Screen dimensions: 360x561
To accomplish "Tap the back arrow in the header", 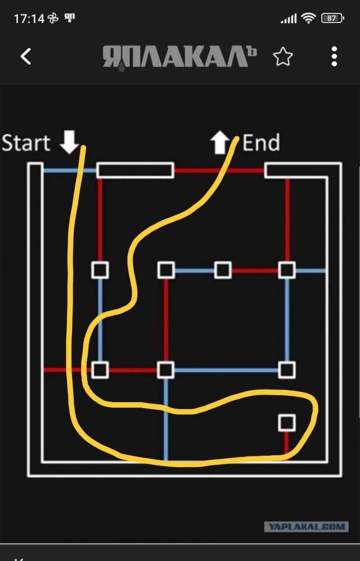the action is (x=26, y=56).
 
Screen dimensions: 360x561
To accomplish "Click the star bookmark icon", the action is (x=283, y=56).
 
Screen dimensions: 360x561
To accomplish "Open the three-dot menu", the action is (x=334, y=56).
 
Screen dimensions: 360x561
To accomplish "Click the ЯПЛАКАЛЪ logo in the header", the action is (x=179, y=57).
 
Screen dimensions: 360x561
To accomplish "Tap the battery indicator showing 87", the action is (x=332, y=18).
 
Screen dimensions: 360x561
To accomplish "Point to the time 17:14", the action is (x=29, y=18).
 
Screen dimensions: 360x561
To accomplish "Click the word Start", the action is (x=26, y=143).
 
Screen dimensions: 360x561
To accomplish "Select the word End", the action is (x=261, y=143).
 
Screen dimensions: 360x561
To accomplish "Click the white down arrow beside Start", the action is (x=69, y=142).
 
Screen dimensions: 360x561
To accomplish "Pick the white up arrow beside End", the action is (x=220, y=142).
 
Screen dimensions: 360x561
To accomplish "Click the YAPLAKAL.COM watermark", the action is (x=307, y=526).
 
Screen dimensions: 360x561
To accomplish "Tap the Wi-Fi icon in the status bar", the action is (x=308, y=17).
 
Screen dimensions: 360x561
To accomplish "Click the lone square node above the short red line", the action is (x=287, y=423).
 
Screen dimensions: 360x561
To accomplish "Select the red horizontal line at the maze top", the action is (x=219, y=170).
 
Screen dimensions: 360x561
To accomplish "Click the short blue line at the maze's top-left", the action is (x=70, y=170).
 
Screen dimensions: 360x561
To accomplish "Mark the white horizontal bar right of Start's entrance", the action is (x=135, y=170).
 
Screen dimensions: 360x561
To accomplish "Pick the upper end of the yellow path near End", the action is (x=237, y=137).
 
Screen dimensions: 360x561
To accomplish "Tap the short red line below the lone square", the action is (x=287, y=445).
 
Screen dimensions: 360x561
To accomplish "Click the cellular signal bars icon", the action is (x=289, y=18).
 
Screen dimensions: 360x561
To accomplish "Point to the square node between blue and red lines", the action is (x=223, y=270).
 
